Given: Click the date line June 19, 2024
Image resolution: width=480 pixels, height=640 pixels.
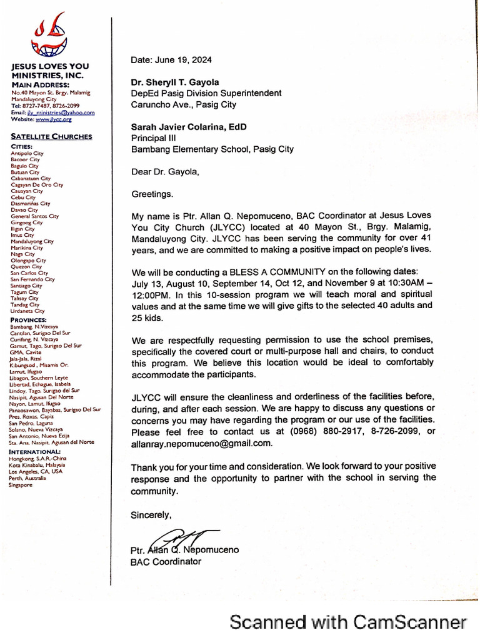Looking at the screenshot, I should coord(171,60).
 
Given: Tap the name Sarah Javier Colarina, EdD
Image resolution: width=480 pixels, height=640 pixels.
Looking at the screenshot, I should coord(189,127).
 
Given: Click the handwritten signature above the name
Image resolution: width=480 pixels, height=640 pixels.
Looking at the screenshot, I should coord(181,537).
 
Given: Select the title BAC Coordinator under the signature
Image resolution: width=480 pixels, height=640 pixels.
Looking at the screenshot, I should coord(166,562).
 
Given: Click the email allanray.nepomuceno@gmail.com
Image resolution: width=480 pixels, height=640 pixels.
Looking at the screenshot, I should coord(201,443).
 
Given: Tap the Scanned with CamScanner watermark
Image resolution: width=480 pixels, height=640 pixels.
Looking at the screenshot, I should coord(348,622).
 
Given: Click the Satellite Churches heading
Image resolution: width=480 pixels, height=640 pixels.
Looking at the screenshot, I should coord(52,136).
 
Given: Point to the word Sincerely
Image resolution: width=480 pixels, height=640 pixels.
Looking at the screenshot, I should coord(151,515).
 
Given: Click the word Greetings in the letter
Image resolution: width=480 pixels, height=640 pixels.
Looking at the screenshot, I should coord(152,194).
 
